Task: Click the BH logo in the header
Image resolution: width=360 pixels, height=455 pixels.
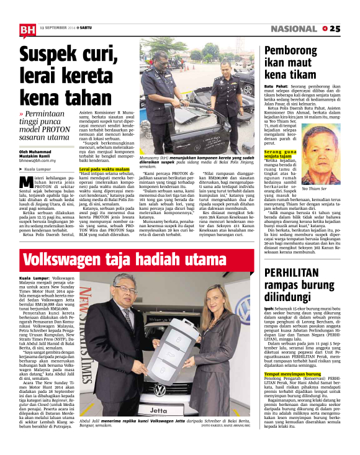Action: coord(27,29)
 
